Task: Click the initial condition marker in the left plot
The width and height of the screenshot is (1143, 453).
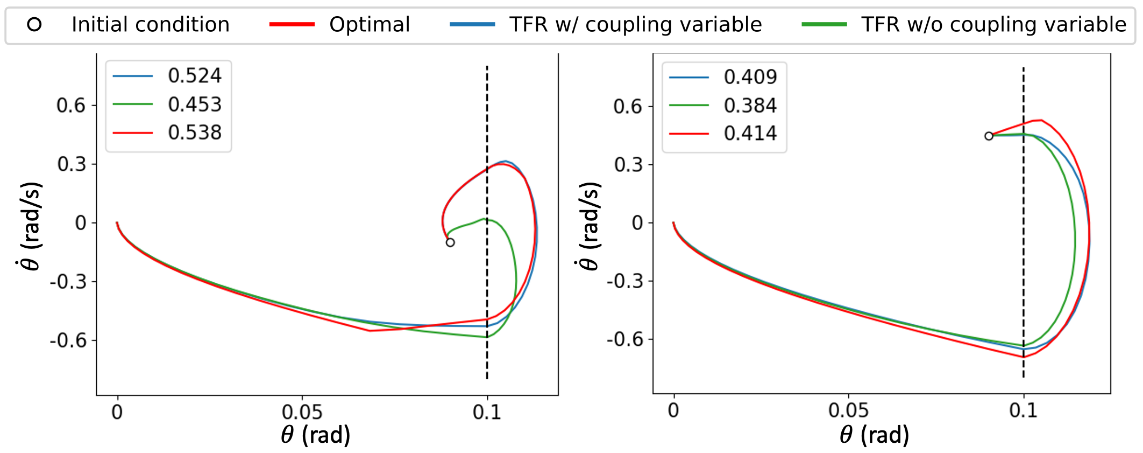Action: tap(450, 242)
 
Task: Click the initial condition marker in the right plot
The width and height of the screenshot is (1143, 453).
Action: tap(989, 136)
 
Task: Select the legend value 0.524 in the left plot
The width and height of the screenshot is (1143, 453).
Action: tap(194, 76)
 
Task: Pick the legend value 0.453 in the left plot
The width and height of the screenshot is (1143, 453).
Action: tap(194, 104)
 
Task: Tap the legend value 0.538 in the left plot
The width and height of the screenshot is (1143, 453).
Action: tap(194, 133)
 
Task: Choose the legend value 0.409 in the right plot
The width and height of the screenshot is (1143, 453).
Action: tap(750, 78)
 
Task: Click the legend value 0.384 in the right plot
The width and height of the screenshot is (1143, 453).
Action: tap(750, 106)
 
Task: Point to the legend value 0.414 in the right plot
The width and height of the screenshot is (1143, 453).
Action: tap(750, 134)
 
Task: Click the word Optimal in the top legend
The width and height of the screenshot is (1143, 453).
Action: tap(370, 25)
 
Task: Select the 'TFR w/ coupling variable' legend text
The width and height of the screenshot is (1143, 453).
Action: tap(636, 25)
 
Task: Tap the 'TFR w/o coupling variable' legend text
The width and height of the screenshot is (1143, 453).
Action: tap(993, 25)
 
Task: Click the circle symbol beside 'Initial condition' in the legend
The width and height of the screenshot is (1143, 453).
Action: tap(34, 25)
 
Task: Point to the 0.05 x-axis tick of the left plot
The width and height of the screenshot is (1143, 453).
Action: tap(302, 413)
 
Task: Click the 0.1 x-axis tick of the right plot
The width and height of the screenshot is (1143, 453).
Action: tap(1023, 411)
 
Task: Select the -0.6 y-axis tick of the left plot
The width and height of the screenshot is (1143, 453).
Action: tap(68, 340)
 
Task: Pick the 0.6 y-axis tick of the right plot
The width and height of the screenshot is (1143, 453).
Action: tap(627, 107)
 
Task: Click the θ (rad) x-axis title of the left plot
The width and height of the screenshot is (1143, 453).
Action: tap(316, 435)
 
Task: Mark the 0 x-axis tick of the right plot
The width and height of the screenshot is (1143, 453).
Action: tap(673, 411)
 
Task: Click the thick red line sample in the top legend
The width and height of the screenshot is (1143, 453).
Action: tap(292, 25)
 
